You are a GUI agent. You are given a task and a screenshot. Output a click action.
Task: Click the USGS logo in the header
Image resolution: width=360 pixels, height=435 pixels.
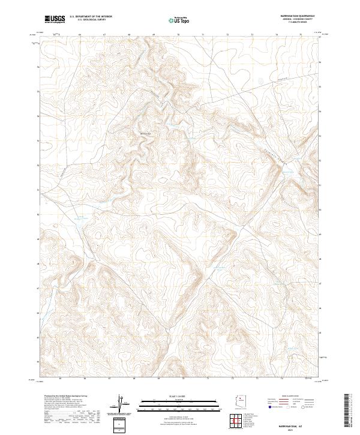(55, 19)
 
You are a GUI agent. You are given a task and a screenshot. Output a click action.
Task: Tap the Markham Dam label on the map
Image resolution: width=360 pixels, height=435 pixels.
(145, 133)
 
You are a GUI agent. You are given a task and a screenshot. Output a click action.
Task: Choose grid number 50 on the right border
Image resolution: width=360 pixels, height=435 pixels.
(320, 210)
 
